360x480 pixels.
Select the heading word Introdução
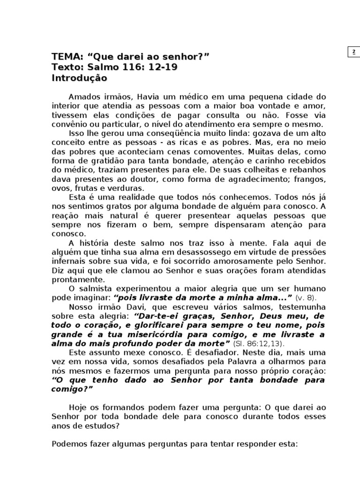click(79, 78)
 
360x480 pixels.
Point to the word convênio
click(68, 125)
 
